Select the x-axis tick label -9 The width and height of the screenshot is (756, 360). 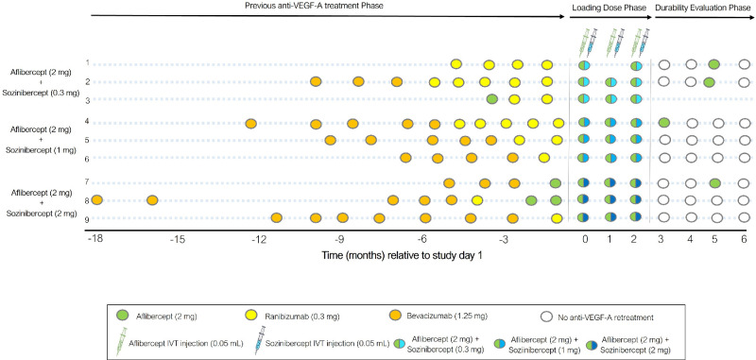[339, 239]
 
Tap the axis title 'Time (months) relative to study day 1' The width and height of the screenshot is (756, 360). [403, 257]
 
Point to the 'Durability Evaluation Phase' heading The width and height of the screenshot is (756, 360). [702, 8]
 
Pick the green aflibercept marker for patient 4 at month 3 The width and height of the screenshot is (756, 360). [664, 123]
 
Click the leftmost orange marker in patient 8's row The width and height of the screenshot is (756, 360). [96, 200]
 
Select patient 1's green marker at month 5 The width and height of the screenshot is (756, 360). [714, 64]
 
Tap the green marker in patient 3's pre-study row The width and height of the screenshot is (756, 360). [491, 99]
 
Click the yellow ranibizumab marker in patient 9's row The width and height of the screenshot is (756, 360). [557, 218]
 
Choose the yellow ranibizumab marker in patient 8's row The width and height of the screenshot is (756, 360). [477, 200]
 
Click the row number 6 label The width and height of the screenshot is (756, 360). [88, 158]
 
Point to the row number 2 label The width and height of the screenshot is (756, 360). [88, 82]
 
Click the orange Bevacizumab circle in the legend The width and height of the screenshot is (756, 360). [397, 317]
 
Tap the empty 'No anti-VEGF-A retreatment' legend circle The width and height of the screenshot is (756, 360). [546, 317]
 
